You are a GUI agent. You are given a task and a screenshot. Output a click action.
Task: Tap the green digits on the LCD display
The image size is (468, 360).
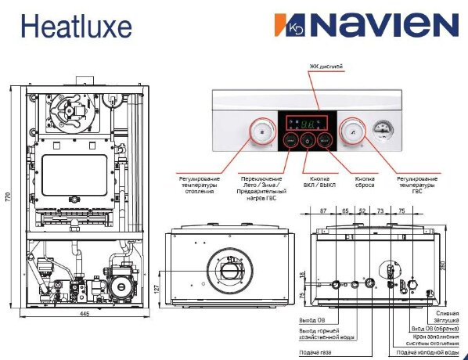(308, 124)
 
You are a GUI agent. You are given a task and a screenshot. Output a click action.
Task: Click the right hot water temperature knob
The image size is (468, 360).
(354, 132)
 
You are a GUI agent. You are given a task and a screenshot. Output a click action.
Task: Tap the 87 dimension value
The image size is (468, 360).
(323, 211)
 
